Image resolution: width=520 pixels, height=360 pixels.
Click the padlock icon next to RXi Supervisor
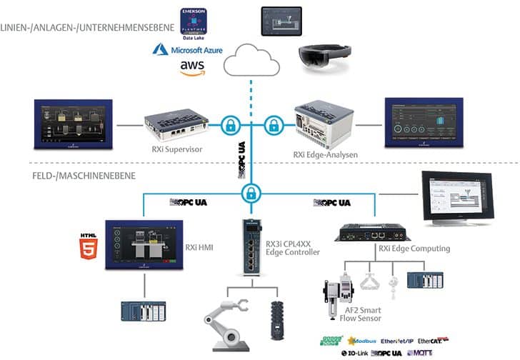coord(229,124)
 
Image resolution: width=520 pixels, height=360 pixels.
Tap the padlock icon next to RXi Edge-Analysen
coord(273,125)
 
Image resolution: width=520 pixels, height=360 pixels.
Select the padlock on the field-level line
coord(250,192)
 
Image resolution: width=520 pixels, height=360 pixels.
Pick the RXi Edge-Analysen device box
coord(324,122)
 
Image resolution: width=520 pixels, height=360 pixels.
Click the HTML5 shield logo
coord(89,243)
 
